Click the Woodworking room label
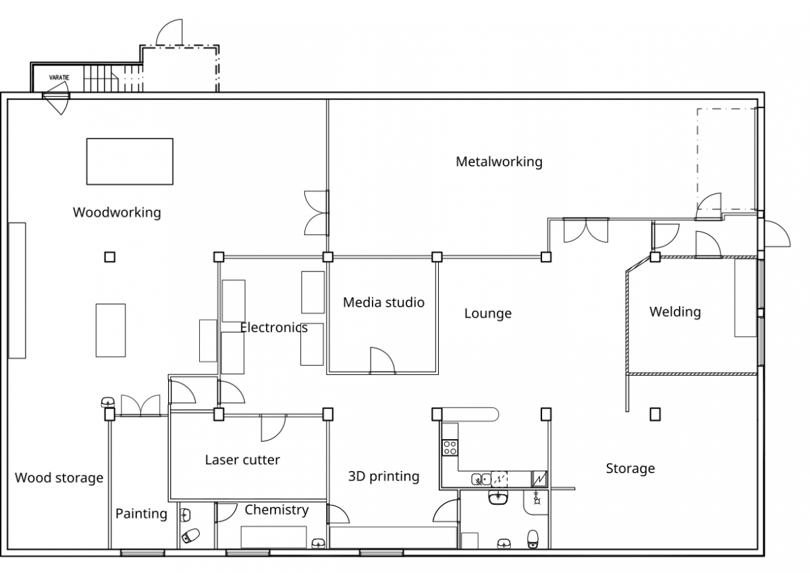tap(117, 212)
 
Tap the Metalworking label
tap(499, 161)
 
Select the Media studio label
tap(383, 302)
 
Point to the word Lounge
tap(487, 314)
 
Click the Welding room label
tap(675, 312)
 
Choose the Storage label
tap(630, 468)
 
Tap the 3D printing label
tap(383, 476)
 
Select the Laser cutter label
tap(242, 460)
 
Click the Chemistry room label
tap(276, 509)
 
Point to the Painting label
tap(141, 514)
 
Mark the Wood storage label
tap(59, 478)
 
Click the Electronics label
tap(273, 328)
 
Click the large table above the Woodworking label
tap(130, 161)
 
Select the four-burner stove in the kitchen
tap(450, 447)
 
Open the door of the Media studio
tap(382, 361)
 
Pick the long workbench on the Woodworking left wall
tap(17, 290)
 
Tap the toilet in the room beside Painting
tap(191, 536)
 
